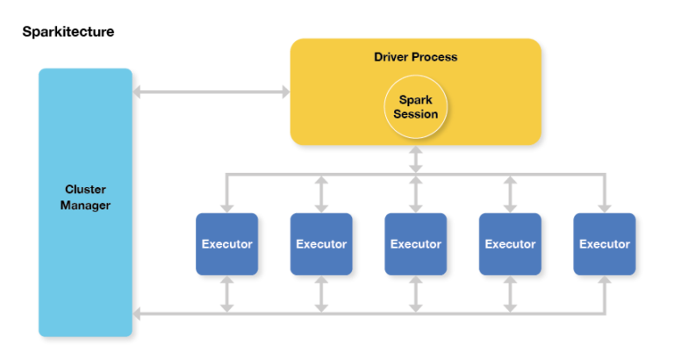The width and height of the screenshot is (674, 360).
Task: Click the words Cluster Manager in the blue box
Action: (x=85, y=197)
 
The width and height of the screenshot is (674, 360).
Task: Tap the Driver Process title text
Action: (x=415, y=57)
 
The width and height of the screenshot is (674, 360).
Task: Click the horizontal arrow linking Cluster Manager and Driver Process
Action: (x=211, y=91)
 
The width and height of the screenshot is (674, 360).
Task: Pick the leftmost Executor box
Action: (x=226, y=244)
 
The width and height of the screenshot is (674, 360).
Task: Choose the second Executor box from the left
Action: (x=321, y=244)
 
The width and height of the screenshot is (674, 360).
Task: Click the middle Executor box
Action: (x=415, y=244)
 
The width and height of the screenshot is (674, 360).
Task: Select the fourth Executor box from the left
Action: (x=510, y=244)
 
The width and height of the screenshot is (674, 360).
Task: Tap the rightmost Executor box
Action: (x=604, y=244)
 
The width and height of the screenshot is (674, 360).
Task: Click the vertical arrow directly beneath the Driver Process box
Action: (x=415, y=158)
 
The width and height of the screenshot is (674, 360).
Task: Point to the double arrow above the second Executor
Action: (x=321, y=192)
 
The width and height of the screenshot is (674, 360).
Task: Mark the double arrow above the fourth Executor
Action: (x=510, y=192)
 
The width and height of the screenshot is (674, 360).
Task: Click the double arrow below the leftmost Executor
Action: (x=226, y=294)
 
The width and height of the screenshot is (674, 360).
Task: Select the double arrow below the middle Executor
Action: (x=415, y=294)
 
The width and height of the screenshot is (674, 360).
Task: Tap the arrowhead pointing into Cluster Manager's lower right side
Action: (x=138, y=313)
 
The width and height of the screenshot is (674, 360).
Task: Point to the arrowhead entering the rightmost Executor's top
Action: (x=604, y=206)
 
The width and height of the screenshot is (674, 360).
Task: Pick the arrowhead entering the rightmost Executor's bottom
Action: (x=604, y=282)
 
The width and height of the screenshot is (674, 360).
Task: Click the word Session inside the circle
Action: (x=415, y=114)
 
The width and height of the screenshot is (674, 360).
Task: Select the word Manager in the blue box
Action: (x=85, y=205)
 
